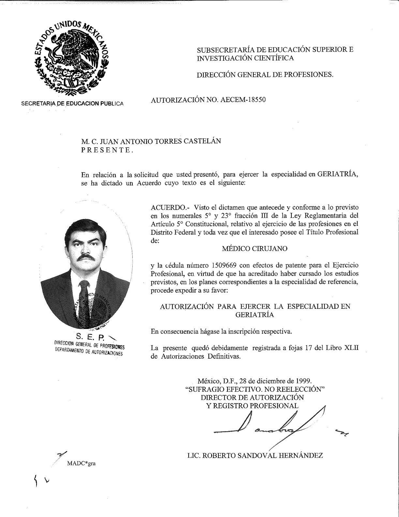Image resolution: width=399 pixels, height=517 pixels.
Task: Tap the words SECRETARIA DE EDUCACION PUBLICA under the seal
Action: tap(72, 104)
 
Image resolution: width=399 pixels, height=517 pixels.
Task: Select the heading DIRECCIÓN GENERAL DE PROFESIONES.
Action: tap(265, 74)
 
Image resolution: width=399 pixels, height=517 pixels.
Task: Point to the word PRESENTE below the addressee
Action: tap(107, 150)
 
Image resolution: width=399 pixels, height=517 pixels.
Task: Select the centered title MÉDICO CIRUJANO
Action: tap(255, 248)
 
